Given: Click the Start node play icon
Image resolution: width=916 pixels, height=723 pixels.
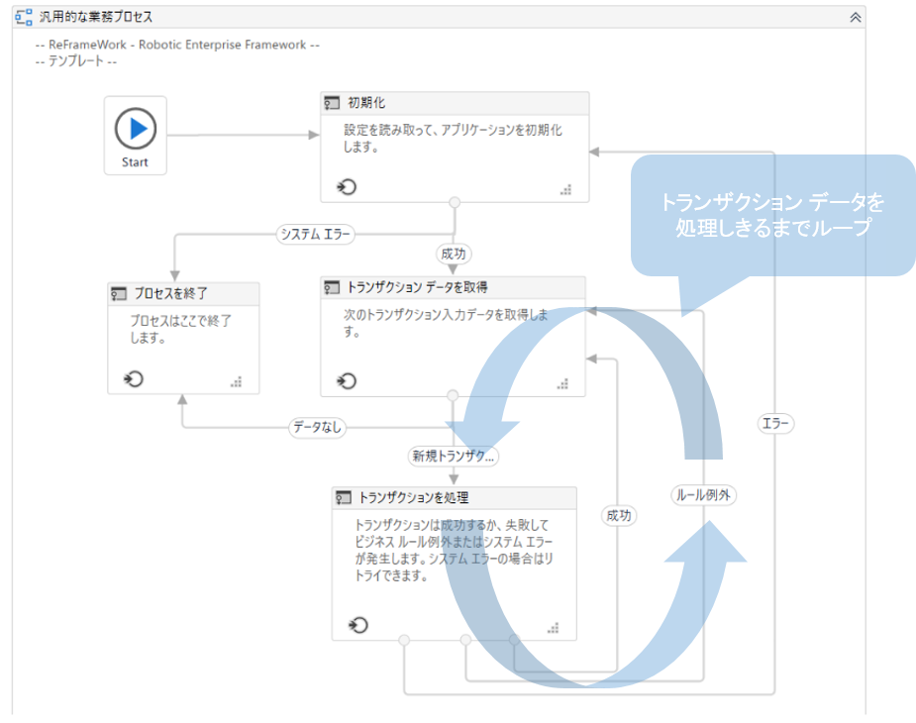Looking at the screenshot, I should pyautogui.click(x=136, y=129).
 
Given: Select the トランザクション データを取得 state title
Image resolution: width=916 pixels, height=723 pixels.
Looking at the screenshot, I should pyautogui.click(x=417, y=287).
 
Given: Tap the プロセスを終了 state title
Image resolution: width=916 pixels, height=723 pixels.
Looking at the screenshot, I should pyautogui.click(x=170, y=293).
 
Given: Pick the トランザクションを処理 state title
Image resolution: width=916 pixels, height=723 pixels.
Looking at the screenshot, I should pyautogui.click(x=413, y=497).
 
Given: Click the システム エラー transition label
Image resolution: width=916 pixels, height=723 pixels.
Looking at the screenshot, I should pyautogui.click(x=316, y=235).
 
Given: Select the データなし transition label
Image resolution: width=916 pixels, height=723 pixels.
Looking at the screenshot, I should pyautogui.click(x=318, y=428).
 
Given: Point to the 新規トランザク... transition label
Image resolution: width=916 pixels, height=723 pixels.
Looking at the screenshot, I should pyautogui.click(x=454, y=457).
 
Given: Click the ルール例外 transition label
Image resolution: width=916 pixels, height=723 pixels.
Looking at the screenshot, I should pyautogui.click(x=704, y=495).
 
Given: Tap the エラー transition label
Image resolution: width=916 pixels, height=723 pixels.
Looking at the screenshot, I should pyautogui.click(x=775, y=424).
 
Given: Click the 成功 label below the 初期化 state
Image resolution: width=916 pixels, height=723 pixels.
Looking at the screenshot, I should pyautogui.click(x=453, y=254).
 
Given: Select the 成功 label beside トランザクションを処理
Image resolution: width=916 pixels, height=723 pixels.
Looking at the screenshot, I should pyautogui.click(x=619, y=515).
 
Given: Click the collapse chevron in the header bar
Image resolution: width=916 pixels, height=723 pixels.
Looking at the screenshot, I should pyautogui.click(x=856, y=17).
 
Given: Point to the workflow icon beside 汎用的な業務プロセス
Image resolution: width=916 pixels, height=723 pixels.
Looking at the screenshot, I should pyautogui.click(x=24, y=17).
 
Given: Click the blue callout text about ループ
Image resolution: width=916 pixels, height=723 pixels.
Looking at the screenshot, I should pyautogui.click(x=771, y=215).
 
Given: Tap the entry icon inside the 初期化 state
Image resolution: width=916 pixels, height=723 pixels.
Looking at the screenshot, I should pyautogui.click(x=348, y=187).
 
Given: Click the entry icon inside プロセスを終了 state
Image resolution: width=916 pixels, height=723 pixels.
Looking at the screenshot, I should pyautogui.click(x=135, y=379).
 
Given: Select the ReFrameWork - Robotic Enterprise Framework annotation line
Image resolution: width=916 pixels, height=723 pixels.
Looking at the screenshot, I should pyautogui.click(x=176, y=46).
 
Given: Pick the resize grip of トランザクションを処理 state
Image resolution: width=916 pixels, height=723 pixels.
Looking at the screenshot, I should pyautogui.click(x=553, y=627).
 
